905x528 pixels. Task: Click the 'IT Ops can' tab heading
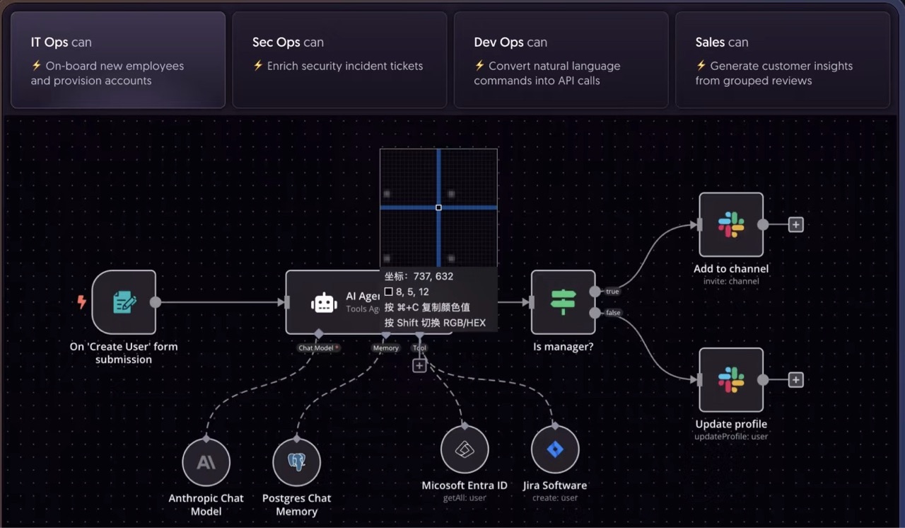coord(61,42)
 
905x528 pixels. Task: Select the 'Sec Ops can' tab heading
coord(288,42)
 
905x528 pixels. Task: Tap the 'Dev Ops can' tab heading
coord(510,42)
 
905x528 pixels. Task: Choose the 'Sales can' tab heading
coord(721,42)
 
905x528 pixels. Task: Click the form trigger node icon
coord(124,302)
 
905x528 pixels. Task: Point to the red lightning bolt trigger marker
coord(81,302)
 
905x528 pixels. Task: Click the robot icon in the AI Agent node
coord(324,303)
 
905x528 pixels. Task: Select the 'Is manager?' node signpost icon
coord(563,302)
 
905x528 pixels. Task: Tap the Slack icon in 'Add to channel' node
coord(731,224)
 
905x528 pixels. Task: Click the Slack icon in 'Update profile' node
coord(731,380)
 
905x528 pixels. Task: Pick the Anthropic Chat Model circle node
coord(206,463)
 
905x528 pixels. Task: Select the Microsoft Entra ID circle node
coord(465,449)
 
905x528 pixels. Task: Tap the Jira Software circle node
coord(555,449)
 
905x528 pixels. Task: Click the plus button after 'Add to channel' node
coord(795,225)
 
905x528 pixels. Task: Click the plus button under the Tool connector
coord(419,366)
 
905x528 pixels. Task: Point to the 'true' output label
coord(612,292)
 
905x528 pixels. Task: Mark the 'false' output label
coord(613,313)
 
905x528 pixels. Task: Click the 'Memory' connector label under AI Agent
coord(386,348)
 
